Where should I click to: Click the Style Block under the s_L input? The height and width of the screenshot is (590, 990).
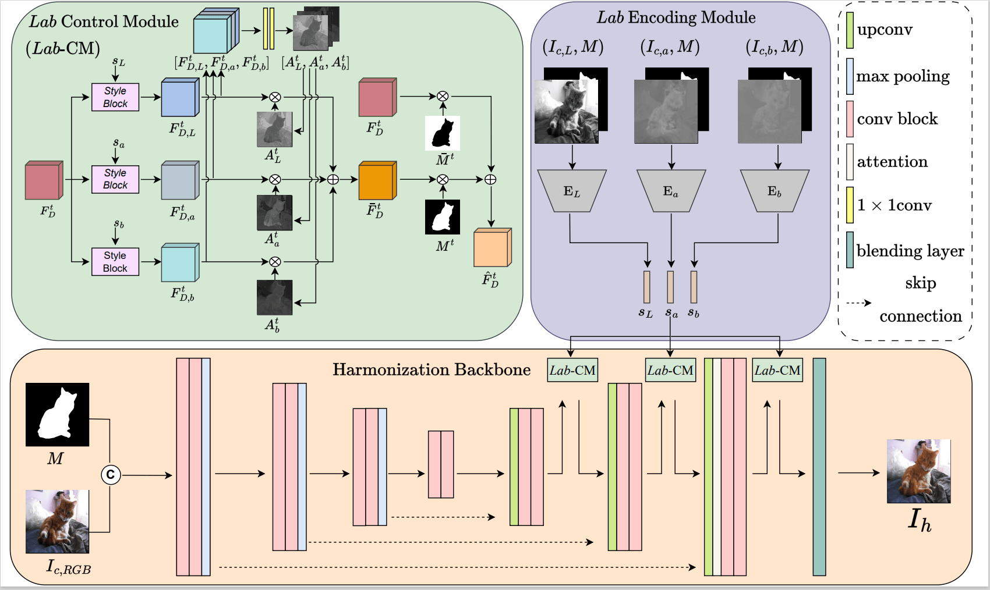115,97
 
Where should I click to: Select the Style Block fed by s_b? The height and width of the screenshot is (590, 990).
115,262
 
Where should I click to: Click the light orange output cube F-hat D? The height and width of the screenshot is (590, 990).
492,248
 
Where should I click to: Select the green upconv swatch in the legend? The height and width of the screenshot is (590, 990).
850,30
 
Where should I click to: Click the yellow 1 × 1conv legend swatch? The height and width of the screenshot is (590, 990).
850,205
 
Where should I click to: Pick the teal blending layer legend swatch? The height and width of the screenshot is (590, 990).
850,250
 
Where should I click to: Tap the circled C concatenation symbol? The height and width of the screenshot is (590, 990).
111,475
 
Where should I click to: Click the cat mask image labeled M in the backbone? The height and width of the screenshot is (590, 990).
57,414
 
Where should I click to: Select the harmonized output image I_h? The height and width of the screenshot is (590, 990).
918,471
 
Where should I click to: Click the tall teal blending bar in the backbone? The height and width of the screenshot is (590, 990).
819,467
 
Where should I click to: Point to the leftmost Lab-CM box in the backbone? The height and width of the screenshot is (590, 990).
572,370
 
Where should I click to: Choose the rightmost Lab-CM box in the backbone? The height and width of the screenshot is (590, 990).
777,370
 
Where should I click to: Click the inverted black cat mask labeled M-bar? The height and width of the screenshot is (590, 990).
443,133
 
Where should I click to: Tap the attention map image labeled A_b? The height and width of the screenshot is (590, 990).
274,298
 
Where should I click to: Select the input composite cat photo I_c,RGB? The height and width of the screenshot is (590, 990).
57,521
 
